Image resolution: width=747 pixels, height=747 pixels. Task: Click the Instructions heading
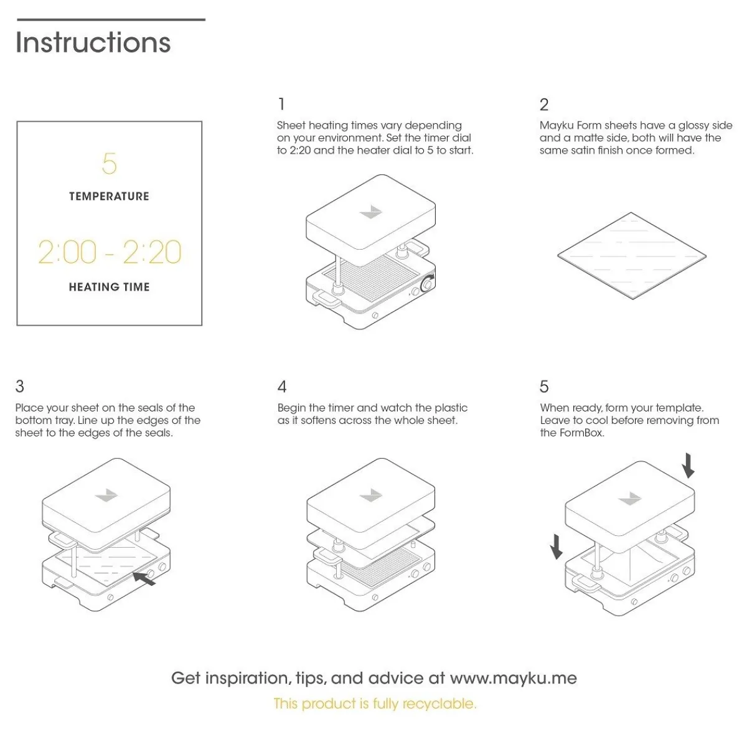93,42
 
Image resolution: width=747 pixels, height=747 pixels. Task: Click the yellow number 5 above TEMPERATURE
109,163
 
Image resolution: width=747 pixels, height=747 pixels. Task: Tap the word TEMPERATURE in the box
109,196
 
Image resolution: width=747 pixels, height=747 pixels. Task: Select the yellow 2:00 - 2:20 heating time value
110,252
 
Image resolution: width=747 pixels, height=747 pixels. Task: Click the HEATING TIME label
109,287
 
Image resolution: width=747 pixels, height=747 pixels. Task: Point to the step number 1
281,104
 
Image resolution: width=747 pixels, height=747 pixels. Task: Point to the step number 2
544,104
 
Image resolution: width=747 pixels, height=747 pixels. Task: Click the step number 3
20,387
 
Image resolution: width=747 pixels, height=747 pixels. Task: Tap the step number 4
282,387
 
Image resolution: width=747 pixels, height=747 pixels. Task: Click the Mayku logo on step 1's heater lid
371,212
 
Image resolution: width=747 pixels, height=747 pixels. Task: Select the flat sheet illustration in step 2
631,255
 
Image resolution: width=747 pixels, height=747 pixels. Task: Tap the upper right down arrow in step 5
688,466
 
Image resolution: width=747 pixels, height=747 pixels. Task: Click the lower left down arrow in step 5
556,547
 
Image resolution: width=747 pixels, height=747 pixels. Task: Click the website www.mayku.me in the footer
513,678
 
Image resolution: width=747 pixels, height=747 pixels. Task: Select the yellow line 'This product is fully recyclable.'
375,704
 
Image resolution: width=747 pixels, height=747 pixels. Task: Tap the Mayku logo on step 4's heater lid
372,496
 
